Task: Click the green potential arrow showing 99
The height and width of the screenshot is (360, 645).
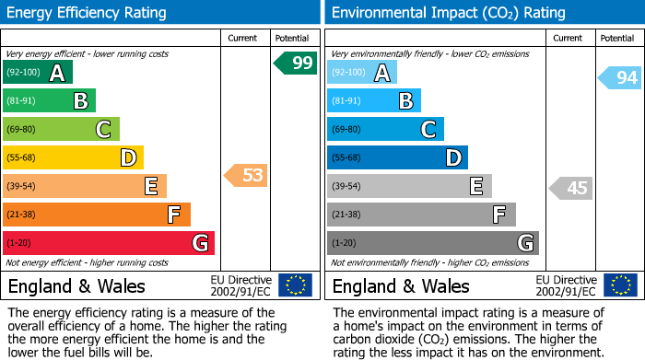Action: coord(296,63)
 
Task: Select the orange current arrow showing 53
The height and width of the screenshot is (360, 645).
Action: coord(246,175)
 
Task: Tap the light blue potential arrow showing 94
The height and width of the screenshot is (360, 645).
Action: coord(620,77)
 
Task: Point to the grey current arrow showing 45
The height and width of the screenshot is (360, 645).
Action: coord(570,188)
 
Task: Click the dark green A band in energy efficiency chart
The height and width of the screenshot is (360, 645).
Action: coord(38,73)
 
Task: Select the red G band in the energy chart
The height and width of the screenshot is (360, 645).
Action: coord(109,243)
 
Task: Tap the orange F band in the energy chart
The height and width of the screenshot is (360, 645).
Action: coord(97,215)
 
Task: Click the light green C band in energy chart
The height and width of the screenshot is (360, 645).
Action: coord(61,130)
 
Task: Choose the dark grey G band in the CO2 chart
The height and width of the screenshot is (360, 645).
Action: coord(432,243)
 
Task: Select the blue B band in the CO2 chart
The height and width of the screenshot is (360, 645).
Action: coord(373,101)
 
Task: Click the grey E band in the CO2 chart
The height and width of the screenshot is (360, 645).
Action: coord(409,186)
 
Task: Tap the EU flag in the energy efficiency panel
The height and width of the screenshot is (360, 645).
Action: coord(295,285)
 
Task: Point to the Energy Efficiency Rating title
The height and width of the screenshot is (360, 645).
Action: coord(88,13)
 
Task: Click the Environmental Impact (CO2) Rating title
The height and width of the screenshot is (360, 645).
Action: coord(448,13)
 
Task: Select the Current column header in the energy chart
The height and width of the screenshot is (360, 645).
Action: coord(243,38)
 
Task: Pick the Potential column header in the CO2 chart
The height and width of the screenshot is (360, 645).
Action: coord(616,38)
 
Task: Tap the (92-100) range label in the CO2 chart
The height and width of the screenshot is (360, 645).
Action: coord(349,73)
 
